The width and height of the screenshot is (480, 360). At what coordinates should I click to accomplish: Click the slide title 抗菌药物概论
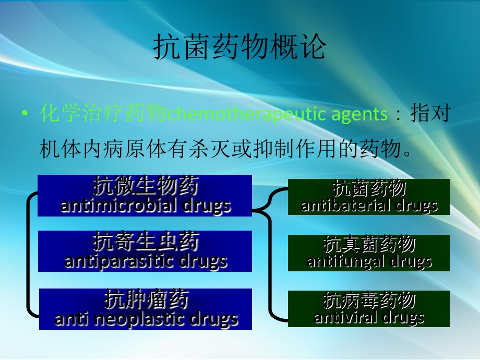pyautogui.click(x=239, y=46)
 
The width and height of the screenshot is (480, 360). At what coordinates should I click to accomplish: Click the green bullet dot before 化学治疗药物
pyautogui.click(x=25, y=113)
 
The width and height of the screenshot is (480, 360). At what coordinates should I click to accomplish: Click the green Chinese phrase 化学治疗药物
pyautogui.click(x=103, y=113)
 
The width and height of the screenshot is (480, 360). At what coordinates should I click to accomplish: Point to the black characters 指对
pyautogui.click(x=431, y=113)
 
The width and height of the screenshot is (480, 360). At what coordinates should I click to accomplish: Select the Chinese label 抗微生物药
pyautogui.click(x=146, y=186)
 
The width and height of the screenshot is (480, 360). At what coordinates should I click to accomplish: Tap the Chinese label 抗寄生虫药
pyautogui.click(x=146, y=241)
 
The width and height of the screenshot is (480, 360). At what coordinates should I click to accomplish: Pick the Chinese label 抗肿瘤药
pyautogui.click(x=146, y=299)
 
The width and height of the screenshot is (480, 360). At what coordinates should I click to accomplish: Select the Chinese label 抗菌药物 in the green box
pyautogui.click(x=369, y=188)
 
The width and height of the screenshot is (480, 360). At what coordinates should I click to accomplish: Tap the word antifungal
pyautogui.click(x=346, y=262)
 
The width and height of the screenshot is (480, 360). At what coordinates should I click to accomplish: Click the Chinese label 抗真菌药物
pyautogui.click(x=369, y=244)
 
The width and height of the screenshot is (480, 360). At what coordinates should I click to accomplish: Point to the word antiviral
pyautogui.click(x=345, y=317)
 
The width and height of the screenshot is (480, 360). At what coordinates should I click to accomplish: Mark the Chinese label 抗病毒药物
pyautogui.click(x=369, y=301)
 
